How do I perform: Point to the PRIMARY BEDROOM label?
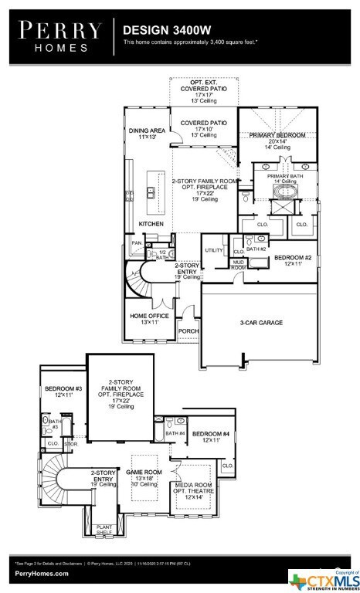coord(277,135)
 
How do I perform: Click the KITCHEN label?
coord(151,224)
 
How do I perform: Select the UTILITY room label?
coord(214,250)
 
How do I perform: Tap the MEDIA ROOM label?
coord(191,489)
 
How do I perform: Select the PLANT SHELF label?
coord(104,530)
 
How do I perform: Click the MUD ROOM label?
coord(239,265)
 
